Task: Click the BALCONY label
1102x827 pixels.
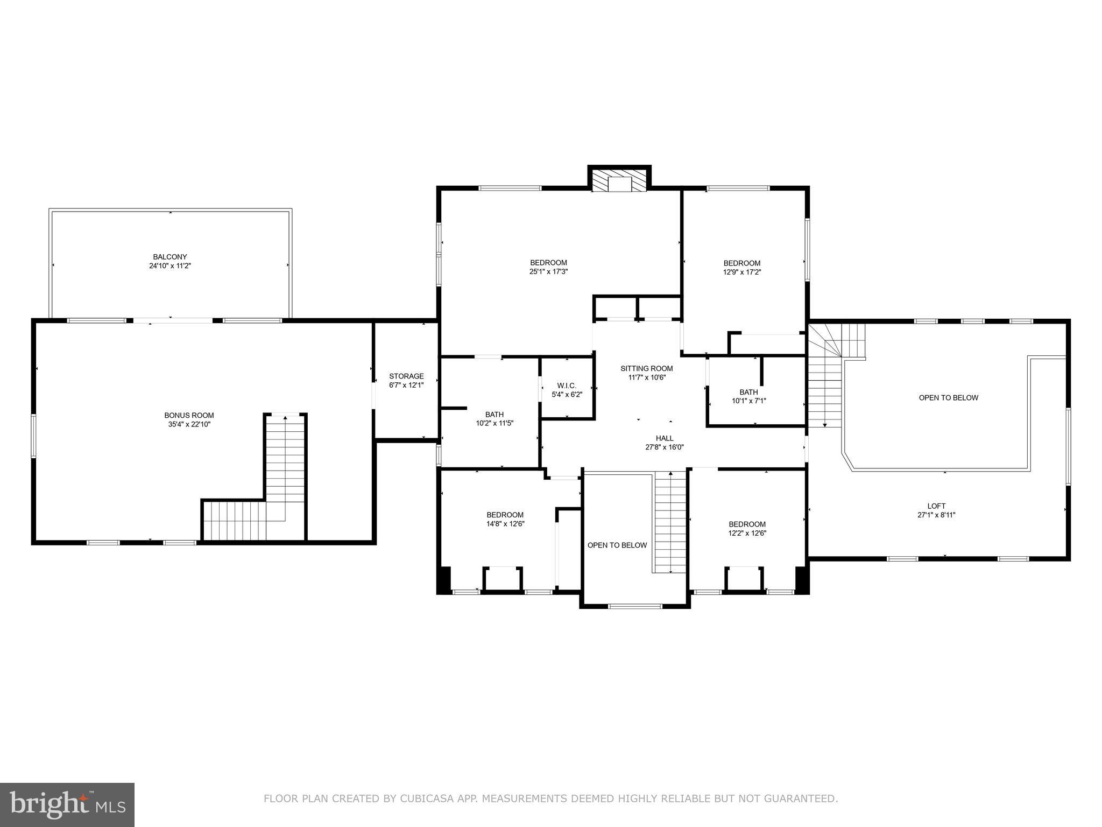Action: [169, 257]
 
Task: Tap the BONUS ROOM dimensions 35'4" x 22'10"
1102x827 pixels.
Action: [189, 424]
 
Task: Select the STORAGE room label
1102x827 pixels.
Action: [406, 376]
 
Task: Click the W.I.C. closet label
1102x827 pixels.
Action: [567, 386]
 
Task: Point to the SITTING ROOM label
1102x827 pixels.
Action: [646, 369]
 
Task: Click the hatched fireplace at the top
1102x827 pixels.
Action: [619, 181]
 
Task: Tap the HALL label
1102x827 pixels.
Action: [665, 438]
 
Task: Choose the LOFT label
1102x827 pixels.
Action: [936, 506]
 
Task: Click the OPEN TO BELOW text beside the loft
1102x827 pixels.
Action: [948, 398]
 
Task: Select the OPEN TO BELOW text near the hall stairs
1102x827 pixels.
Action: [617, 545]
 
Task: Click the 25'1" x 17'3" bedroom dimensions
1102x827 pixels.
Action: [548, 272]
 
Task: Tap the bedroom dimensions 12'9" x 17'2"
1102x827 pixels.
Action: [741, 272]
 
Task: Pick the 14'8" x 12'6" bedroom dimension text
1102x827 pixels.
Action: [505, 524]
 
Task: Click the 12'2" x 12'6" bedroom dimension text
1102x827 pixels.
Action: [747, 534]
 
